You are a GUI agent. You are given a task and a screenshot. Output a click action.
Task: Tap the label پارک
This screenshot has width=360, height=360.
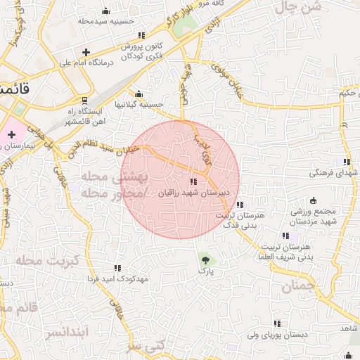click(205, 270)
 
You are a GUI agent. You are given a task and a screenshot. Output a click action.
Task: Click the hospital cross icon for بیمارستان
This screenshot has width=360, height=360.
click(11, 134)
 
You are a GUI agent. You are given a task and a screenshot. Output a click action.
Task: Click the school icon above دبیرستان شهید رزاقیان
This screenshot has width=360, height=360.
click(193, 182)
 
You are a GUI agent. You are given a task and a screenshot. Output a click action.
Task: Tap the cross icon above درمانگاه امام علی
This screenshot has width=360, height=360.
click(86, 52)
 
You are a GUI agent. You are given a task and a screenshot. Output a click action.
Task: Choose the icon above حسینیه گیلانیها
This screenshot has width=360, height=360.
click(139, 94)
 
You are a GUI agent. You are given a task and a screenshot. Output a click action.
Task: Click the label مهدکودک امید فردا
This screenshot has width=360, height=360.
click(117, 278)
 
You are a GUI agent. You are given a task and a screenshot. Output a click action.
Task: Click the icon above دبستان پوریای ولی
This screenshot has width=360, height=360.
click(277, 323)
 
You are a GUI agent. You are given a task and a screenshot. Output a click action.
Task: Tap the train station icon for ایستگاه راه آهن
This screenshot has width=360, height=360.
click(85, 101)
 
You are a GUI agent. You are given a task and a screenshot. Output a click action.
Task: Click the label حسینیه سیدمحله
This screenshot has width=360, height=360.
click(106, 21)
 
